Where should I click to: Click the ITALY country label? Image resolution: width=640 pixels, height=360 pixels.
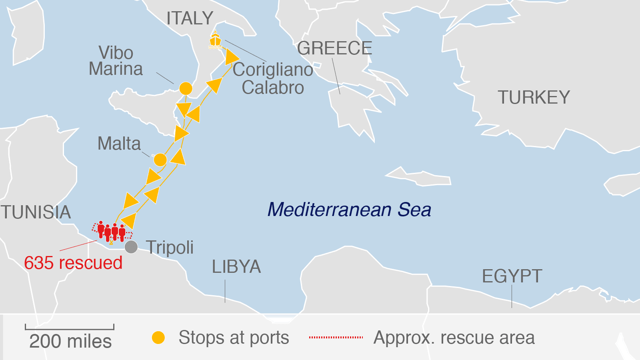(x=190, y=18)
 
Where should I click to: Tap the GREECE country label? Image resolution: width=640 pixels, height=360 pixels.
(x=334, y=48)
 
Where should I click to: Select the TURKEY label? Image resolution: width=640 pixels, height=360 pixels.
(x=534, y=98)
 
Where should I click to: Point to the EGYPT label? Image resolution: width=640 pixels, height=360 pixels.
(x=512, y=276)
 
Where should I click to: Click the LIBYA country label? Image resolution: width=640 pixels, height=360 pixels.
(x=236, y=267)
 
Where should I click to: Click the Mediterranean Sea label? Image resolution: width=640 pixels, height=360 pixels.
(x=349, y=210)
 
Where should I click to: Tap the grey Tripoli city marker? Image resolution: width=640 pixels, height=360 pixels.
(x=131, y=247)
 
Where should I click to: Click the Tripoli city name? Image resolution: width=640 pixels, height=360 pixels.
(x=170, y=248)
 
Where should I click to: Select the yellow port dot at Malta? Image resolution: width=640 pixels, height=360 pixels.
(x=160, y=160)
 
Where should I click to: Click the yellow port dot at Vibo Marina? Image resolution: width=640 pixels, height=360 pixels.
(x=186, y=88)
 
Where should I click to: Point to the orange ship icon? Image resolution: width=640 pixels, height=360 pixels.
(x=215, y=40)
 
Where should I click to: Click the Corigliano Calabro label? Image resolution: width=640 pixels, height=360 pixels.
(x=273, y=78)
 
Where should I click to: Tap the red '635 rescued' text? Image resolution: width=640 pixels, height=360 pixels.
(x=73, y=263)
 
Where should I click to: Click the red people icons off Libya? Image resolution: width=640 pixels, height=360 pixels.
(x=111, y=231)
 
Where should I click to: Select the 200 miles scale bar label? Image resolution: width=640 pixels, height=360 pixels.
(x=70, y=341)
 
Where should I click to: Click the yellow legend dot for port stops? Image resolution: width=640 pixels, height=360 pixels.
(x=158, y=338)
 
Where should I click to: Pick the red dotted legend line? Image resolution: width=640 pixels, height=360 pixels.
(x=336, y=338)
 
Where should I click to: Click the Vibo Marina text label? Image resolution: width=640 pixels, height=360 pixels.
(x=116, y=61)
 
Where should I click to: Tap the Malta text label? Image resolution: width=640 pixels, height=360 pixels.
(x=119, y=144)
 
